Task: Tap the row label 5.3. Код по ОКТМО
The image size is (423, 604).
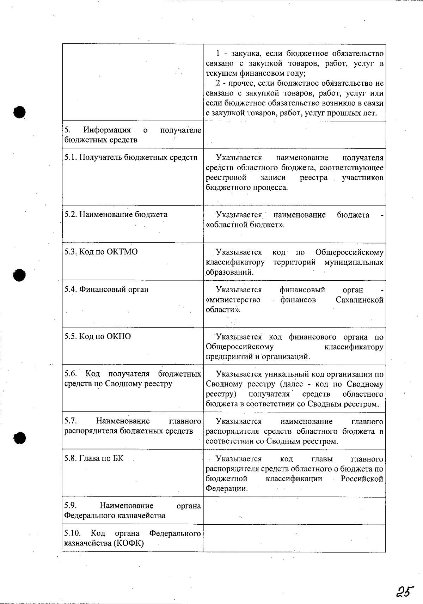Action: coord(101,252)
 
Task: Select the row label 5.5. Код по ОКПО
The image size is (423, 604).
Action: coord(98,336)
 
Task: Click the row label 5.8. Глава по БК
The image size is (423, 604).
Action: coord(94,458)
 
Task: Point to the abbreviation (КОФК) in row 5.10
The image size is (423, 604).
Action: coord(128,543)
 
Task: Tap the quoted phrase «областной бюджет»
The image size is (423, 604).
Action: coord(245,225)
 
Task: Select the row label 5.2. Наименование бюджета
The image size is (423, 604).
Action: coord(116,214)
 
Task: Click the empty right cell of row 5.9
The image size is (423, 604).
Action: coord(294,511)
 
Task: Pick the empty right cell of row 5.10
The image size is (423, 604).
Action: coord(294,538)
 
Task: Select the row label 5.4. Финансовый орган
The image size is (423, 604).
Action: coord(106,289)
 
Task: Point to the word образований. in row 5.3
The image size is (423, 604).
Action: coord(229,272)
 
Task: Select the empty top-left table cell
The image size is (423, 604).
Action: coord(133,83)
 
